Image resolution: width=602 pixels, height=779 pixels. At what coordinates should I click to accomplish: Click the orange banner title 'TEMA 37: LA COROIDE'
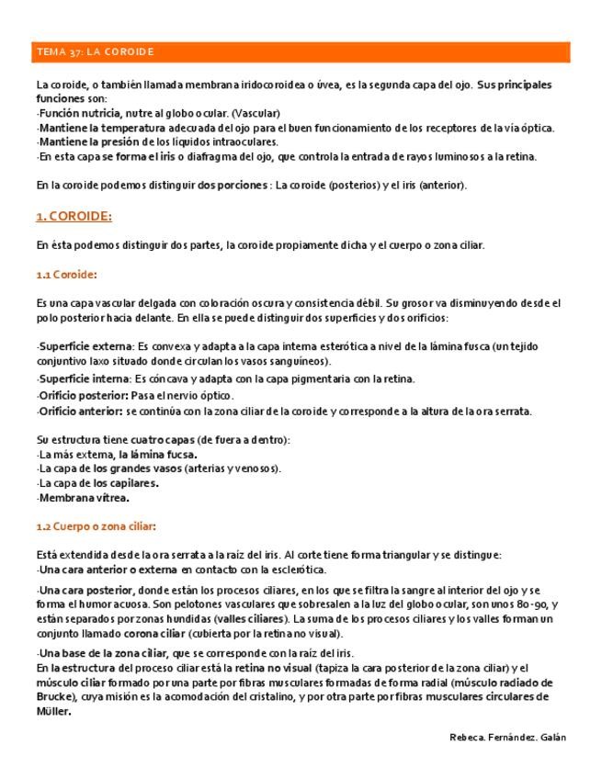(95, 51)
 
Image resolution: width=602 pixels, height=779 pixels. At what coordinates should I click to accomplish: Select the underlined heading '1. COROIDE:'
(74, 216)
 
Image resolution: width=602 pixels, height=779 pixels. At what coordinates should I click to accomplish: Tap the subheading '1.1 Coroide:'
(67, 275)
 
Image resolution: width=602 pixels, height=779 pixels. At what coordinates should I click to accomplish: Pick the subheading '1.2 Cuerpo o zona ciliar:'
(96, 526)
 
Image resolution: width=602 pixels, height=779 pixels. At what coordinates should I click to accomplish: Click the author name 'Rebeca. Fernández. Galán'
(508, 738)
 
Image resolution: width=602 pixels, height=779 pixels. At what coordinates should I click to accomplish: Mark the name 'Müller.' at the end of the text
(54, 711)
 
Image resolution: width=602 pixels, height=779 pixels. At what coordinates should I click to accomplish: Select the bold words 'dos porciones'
(233, 186)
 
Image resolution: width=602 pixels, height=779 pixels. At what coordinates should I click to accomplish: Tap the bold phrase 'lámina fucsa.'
(166, 454)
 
